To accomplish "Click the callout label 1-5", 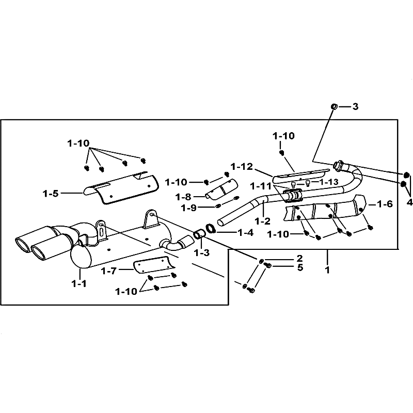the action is point(51,194).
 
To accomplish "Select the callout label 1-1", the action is point(79,283).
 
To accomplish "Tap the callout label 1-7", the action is point(109,271).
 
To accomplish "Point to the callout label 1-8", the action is point(183,197).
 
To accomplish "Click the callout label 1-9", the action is point(189,208).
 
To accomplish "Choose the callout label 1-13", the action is point(329,182).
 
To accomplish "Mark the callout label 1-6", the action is point(385,204).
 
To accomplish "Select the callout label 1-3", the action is point(202,252).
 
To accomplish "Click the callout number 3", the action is point(355,107).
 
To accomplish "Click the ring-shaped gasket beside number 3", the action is point(334,106).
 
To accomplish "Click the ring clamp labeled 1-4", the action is point(211,228).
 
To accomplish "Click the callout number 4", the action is point(410,203).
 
